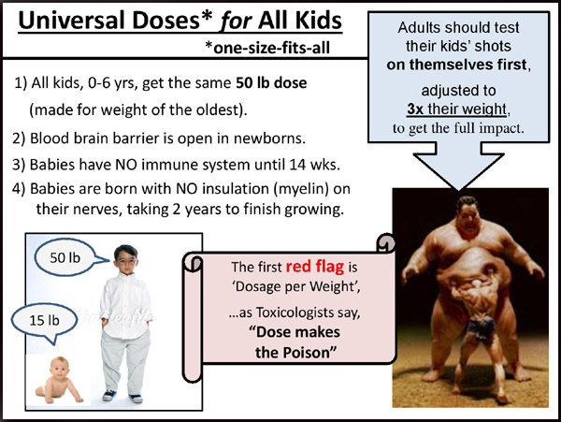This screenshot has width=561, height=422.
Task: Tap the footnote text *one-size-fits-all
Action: [267, 48]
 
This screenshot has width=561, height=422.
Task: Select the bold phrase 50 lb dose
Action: [271, 82]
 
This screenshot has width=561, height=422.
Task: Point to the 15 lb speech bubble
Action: [44, 321]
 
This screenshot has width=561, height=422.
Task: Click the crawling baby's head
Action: [60, 368]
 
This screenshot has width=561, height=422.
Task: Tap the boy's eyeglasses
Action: [125, 262]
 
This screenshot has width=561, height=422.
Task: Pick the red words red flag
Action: [315, 267]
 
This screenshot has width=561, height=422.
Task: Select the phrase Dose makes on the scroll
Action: [295, 332]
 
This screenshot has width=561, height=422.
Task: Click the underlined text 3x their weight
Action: [457, 109]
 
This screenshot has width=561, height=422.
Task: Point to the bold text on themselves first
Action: [457, 65]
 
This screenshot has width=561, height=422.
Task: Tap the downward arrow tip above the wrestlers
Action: [459, 189]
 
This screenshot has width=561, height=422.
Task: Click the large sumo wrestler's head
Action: [467, 212]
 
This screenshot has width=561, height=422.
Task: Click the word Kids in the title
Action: [318, 20]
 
